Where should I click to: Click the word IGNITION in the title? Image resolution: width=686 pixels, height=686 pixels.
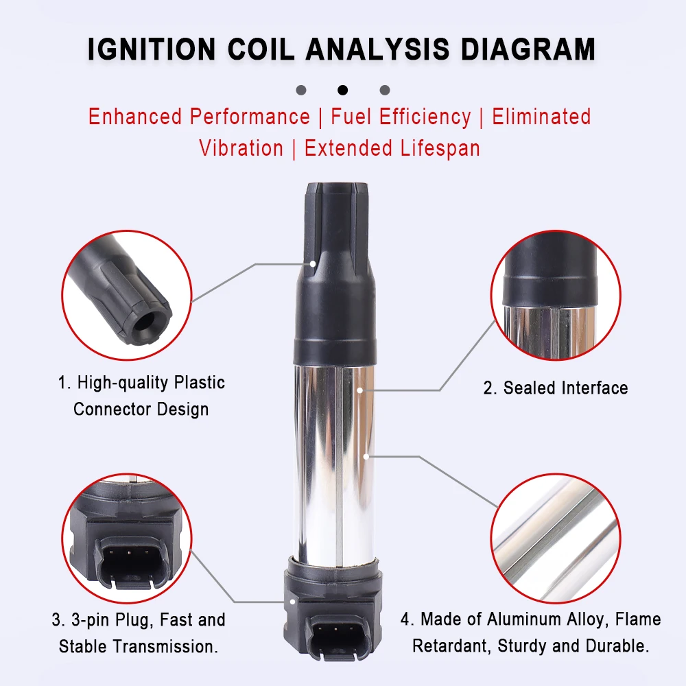(152, 49)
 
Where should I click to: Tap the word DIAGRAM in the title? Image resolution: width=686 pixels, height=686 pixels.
(528, 49)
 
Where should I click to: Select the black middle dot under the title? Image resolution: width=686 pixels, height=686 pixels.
(342, 90)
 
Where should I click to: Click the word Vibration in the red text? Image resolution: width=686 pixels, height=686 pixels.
(241, 148)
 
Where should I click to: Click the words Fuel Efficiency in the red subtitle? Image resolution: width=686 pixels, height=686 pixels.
(401, 117)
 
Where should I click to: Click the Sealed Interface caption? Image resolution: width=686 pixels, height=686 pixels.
(556, 388)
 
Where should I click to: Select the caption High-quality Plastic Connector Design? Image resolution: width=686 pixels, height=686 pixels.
(141, 396)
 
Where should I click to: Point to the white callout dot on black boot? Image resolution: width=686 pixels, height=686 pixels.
(313, 264)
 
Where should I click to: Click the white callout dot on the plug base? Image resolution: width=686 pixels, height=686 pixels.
(292, 602)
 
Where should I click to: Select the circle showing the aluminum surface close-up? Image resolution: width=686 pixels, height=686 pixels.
(556, 538)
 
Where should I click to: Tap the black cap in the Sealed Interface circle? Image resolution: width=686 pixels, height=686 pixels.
(549, 270)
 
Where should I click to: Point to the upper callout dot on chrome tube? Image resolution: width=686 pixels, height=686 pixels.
(359, 390)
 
